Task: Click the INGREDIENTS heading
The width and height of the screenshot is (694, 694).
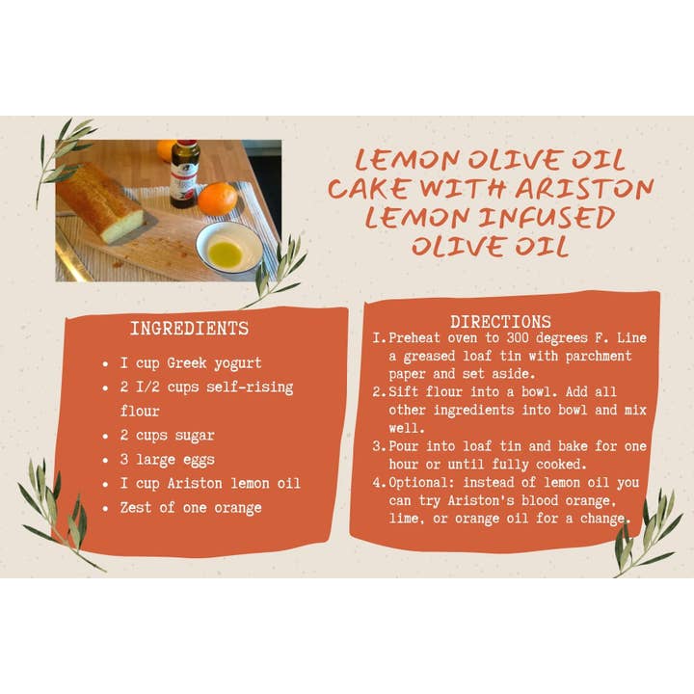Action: pyautogui.click(x=190, y=329)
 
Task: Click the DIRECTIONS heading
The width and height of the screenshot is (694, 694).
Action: pyautogui.click(x=500, y=322)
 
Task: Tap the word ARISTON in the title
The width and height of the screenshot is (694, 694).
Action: pyautogui.click(x=584, y=189)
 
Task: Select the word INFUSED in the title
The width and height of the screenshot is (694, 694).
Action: pyautogui.click(x=546, y=218)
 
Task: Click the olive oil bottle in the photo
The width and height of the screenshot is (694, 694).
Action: pyautogui.click(x=184, y=173)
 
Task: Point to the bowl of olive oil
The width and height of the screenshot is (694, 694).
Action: pyautogui.click(x=228, y=249)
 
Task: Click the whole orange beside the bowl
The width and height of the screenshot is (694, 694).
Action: pyautogui.click(x=217, y=199)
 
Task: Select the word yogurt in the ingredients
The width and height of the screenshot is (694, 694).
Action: pyautogui.click(x=238, y=363)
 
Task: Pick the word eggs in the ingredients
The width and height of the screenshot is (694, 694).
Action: pyautogui.click(x=199, y=461)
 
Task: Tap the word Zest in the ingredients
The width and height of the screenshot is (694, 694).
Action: pyautogui.click(x=136, y=507)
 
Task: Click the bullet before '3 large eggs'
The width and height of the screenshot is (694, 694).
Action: pyautogui.click(x=105, y=461)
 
